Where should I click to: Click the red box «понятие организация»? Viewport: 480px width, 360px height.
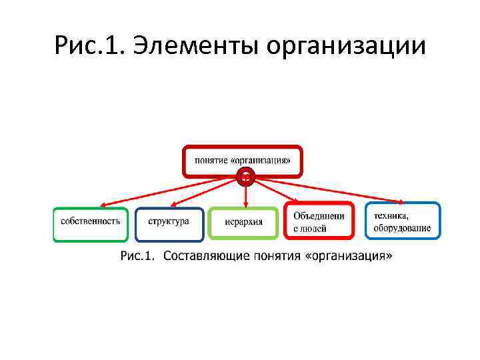243,160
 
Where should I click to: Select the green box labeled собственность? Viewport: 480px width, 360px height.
90,224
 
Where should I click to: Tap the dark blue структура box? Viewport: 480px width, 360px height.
169,224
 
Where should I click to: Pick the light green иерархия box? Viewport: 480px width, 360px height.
243,223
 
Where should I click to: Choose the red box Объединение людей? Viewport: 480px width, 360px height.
319,221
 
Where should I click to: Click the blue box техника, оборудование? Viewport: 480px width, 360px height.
402,221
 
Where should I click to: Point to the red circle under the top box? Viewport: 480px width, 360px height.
246,177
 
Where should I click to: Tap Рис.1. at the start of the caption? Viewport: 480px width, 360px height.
138,256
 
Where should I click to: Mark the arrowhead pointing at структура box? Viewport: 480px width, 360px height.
173,205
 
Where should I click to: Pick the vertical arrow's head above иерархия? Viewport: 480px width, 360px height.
246,205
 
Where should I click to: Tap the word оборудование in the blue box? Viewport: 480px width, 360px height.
402,228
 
